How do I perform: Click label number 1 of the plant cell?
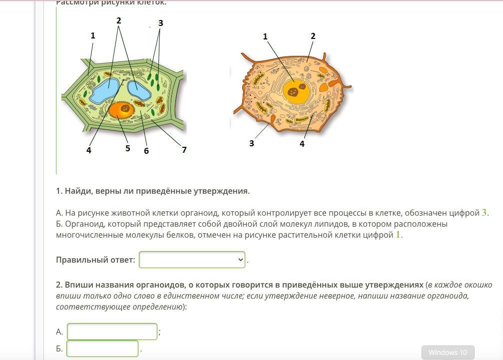(x=92, y=35)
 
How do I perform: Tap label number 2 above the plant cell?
(x=118, y=20)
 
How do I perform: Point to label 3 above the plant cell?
(x=160, y=23)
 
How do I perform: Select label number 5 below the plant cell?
(x=127, y=148)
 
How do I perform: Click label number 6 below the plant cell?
(x=146, y=150)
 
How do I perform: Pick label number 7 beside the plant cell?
(x=184, y=150)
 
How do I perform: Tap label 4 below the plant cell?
(x=89, y=150)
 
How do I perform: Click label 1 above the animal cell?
(x=265, y=36)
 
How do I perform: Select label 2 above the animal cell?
(x=313, y=36)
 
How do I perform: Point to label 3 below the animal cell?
(x=251, y=143)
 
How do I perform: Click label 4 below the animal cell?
(x=302, y=144)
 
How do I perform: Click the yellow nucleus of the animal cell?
(x=295, y=92)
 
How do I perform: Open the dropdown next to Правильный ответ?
(x=192, y=260)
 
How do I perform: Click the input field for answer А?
(x=112, y=332)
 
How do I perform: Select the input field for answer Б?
(x=102, y=349)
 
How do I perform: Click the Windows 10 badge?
(x=448, y=353)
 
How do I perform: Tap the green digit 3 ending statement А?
(x=484, y=213)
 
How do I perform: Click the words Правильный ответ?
(x=95, y=260)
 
